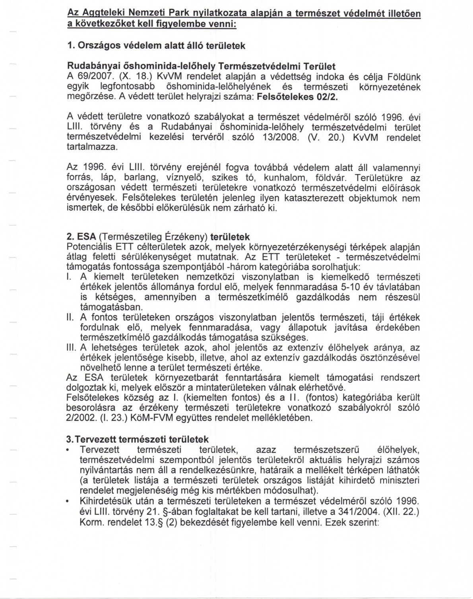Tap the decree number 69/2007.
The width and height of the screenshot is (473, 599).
pyautogui.click(x=91, y=76)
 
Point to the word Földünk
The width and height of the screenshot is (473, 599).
pyautogui.click(x=401, y=76)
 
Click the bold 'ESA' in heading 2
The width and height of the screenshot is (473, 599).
pyautogui.click(x=86, y=237)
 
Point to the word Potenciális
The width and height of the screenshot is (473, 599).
pyautogui.click(x=88, y=247)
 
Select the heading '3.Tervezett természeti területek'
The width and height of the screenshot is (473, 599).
pyautogui.click(x=137, y=440)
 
